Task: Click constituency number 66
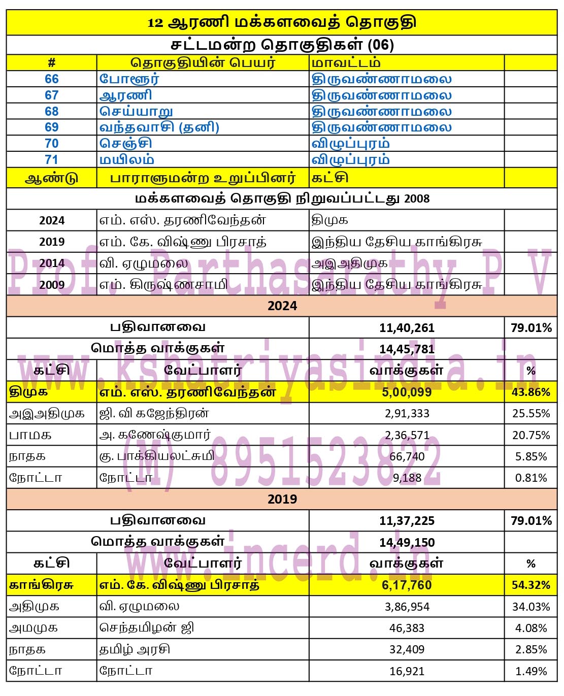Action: click(x=52, y=79)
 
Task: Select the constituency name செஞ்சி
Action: click(x=126, y=144)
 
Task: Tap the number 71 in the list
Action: click(x=52, y=160)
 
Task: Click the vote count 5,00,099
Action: click(x=407, y=392)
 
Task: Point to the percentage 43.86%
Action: click(x=530, y=392)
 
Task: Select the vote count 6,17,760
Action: click(x=407, y=585)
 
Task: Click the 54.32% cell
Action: click(x=530, y=585)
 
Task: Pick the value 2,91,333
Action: click(x=407, y=414)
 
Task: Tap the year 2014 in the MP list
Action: click(x=52, y=263)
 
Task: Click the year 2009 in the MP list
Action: click(x=52, y=285)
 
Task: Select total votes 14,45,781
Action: click(x=407, y=349)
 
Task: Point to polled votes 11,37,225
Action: click(x=407, y=521)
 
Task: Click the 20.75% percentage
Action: click(x=530, y=436)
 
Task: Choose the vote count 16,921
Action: click(x=407, y=671)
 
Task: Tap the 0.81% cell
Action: click(x=530, y=478)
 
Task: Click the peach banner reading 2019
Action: click(x=282, y=500)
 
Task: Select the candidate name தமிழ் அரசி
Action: click(x=135, y=650)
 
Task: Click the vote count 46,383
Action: click(x=407, y=628)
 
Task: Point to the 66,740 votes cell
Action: click(x=407, y=457)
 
